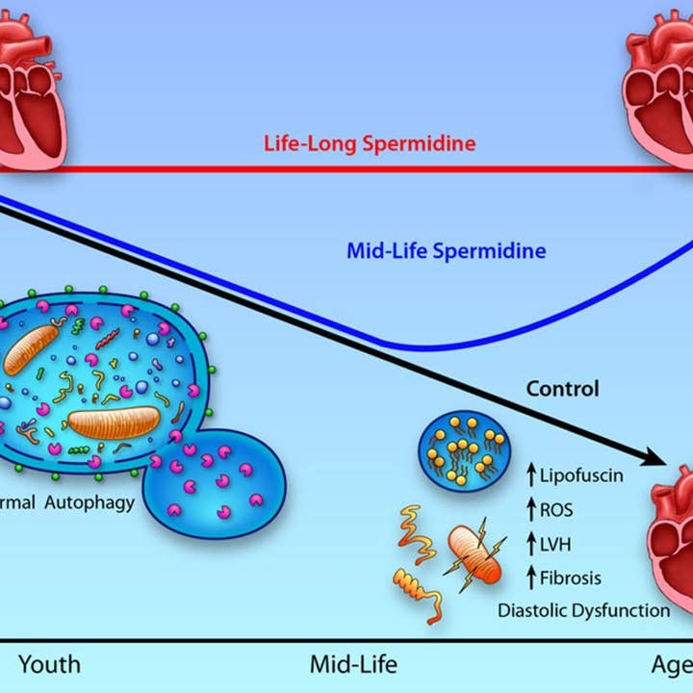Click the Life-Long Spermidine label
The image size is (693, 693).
pos(370,144)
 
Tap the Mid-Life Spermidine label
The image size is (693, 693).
pos(446,252)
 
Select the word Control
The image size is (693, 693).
pos(562,389)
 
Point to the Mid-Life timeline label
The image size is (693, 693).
pos(353,664)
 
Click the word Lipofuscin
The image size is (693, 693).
pos(582,475)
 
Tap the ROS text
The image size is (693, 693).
pos(556,510)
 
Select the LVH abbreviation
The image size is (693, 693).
pos(555,545)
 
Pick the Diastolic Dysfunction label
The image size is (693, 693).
pos(583,610)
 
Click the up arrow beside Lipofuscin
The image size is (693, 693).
pos(530,475)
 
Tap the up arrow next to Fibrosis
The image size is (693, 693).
pos(530,578)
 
